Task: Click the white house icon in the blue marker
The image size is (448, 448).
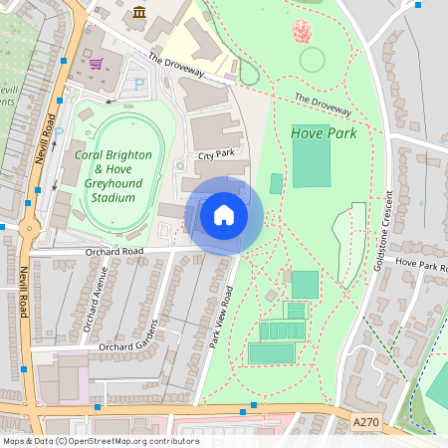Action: click(224, 215)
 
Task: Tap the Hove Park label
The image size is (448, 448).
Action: click(323, 132)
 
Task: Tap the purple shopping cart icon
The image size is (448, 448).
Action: click(97, 63)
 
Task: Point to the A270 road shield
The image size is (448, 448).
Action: click(366, 423)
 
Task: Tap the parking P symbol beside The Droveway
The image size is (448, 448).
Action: click(138, 85)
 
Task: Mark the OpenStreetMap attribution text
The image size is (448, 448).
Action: click(101, 441)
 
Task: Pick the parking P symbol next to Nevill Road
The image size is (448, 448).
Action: click(58, 130)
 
